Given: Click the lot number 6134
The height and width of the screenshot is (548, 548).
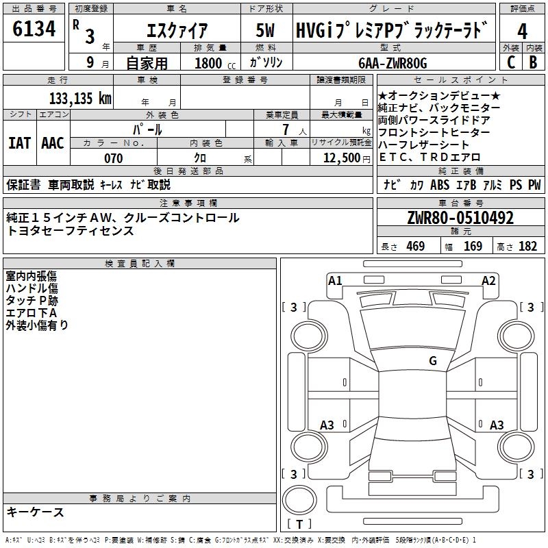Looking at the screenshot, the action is [x=34, y=29].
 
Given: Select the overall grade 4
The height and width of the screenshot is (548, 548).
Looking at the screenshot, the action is [x=522, y=32].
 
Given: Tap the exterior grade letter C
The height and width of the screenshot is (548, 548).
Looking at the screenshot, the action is [x=511, y=62].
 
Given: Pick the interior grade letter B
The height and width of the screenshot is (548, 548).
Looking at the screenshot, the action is [x=533, y=62].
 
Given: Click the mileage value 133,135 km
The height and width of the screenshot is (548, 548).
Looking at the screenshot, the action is [x=80, y=99].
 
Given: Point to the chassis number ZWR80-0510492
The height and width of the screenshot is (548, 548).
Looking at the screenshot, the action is [x=460, y=218].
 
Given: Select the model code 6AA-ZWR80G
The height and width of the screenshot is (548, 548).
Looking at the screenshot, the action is [x=393, y=63].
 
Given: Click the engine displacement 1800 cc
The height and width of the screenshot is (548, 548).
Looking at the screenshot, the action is [x=215, y=63].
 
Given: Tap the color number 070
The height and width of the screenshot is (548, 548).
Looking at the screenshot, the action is [x=114, y=158].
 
